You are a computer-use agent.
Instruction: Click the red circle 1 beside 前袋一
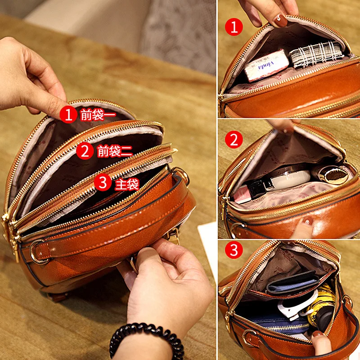coord(68,114)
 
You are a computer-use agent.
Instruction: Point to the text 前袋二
coord(115,151)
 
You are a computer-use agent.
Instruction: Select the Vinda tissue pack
coord(268,64)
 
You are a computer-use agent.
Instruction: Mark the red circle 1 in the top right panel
coord(234,27)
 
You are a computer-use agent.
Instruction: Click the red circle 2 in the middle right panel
coord(234,140)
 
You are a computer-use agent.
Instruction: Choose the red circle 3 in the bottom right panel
coord(234,251)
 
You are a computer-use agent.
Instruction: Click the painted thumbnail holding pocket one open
coord(281,20)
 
